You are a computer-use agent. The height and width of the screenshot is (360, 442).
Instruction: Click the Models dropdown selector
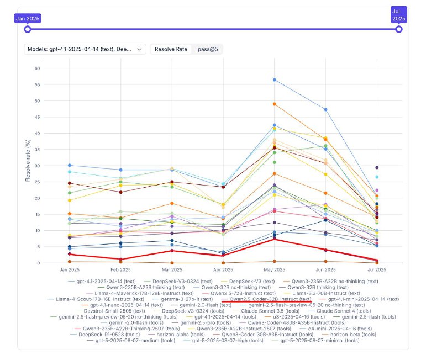coord(86,49)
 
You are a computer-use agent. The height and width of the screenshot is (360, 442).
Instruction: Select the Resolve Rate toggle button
coord(171,49)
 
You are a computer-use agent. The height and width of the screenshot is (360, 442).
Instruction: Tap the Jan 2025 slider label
coord(28,18)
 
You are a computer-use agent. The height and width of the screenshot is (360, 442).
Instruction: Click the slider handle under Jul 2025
coord(399,29)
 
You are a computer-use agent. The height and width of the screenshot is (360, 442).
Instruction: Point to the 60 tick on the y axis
coord(38,68)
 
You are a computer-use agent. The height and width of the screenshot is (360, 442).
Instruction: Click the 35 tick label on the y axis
coord(38,150)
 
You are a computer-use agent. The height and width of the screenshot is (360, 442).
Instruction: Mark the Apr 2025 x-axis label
coord(223,271)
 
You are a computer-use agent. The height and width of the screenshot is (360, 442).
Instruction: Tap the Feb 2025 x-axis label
coord(120,271)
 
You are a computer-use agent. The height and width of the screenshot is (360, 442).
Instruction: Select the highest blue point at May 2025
coord(275,80)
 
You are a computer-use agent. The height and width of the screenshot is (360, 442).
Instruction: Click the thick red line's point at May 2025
coord(275,239)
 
